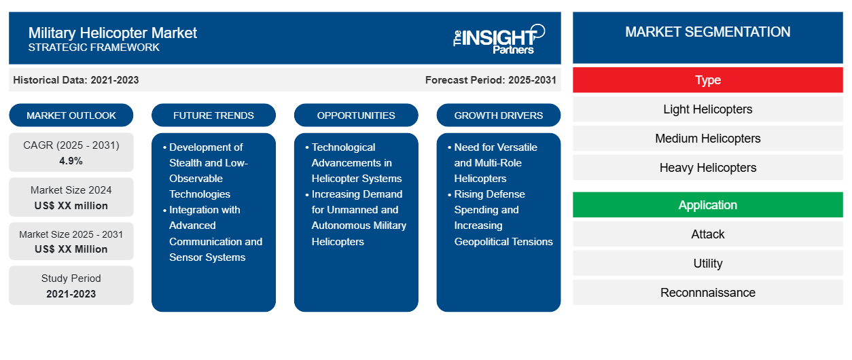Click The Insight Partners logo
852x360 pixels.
click(499, 39)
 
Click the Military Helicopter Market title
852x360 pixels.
click(113, 33)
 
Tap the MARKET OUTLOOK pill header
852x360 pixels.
click(71, 115)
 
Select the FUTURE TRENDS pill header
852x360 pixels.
click(213, 115)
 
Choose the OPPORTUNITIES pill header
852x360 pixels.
click(356, 115)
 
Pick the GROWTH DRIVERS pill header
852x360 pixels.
click(498, 115)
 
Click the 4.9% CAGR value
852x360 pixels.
click(71, 161)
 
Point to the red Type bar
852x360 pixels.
click(707, 80)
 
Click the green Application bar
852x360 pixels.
click(707, 205)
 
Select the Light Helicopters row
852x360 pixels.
click(707, 109)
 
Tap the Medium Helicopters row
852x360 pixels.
click(707, 139)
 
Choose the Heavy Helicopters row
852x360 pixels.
click(707, 168)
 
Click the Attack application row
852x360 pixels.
click(707, 234)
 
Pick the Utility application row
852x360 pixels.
click(707, 264)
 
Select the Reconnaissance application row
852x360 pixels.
click(707, 292)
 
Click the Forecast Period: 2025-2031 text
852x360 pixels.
click(491, 80)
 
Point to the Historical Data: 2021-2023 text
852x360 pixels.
click(76, 80)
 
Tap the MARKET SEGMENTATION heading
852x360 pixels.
click(707, 32)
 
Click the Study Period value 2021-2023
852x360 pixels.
click(71, 294)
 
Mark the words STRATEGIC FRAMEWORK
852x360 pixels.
click(94, 48)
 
